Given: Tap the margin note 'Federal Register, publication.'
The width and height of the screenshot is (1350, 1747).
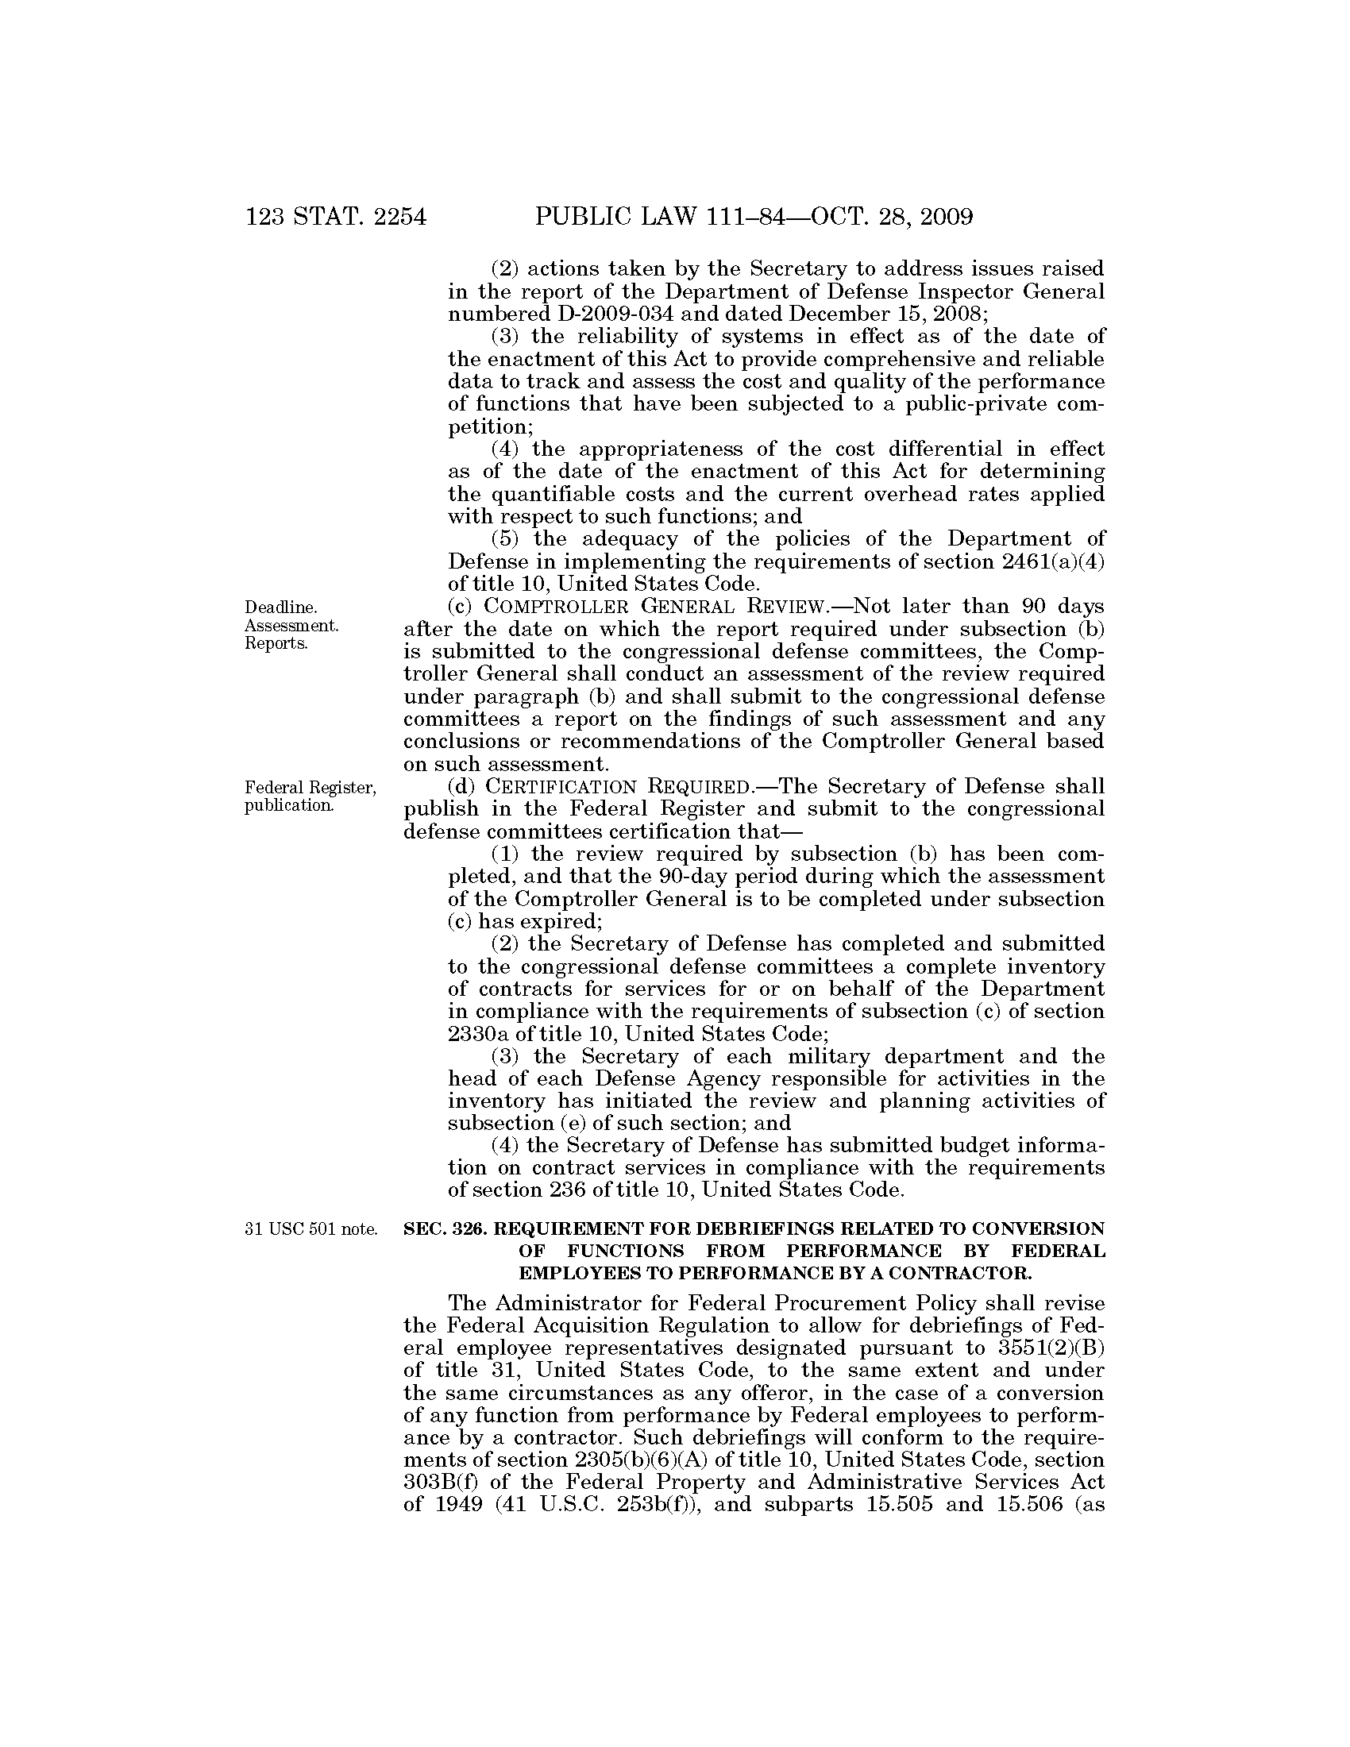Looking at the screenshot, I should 310,796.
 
